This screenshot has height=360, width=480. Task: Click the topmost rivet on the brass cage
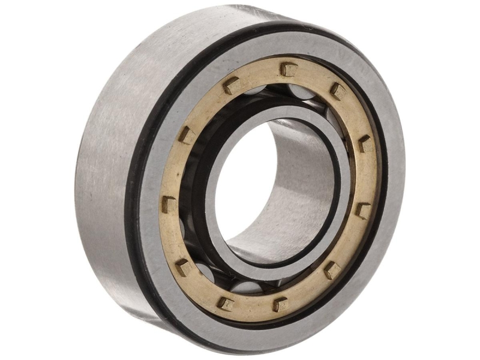point(289,69)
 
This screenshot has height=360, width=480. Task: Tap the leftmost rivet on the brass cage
point(169,204)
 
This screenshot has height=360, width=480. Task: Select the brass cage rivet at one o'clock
point(338,91)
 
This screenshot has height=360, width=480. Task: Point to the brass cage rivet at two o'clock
point(365,143)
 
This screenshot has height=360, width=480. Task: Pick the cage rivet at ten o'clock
point(185,135)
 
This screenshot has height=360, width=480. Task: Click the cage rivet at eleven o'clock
point(231,86)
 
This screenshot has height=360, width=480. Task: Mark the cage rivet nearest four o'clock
point(362,209)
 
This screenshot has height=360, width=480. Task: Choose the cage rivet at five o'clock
point(332,269)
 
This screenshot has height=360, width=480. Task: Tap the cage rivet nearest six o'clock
point(280,304)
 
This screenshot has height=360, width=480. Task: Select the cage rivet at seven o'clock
point(226,302)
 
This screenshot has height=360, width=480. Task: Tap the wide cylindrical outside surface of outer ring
point(102,180)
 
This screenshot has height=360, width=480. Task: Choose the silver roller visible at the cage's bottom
point(252,288)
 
